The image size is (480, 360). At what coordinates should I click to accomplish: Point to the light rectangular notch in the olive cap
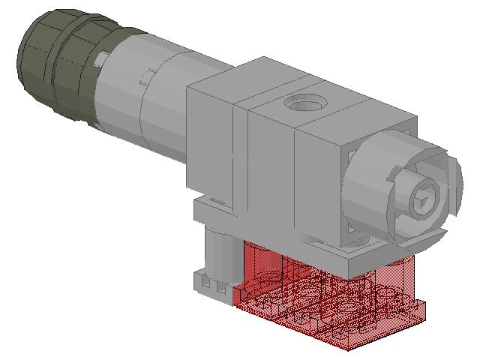(100, 58)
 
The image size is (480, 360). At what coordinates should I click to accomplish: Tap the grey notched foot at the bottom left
(214, 285)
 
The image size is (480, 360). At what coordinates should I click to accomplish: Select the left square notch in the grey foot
(208, 286)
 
